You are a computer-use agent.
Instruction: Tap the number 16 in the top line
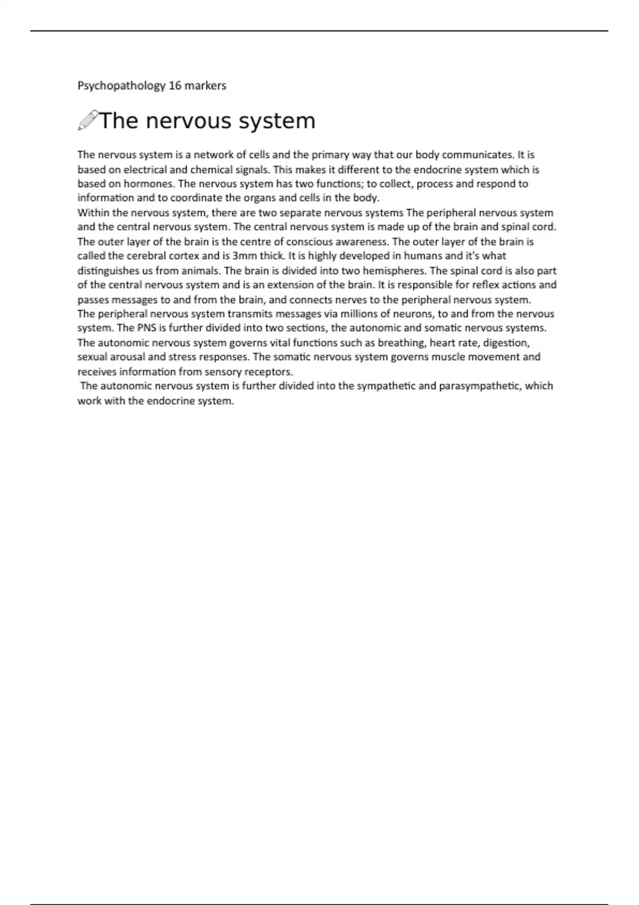(175, 85)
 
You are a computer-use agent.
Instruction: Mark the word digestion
(506, 342)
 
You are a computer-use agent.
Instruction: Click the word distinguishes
(108, 270)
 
